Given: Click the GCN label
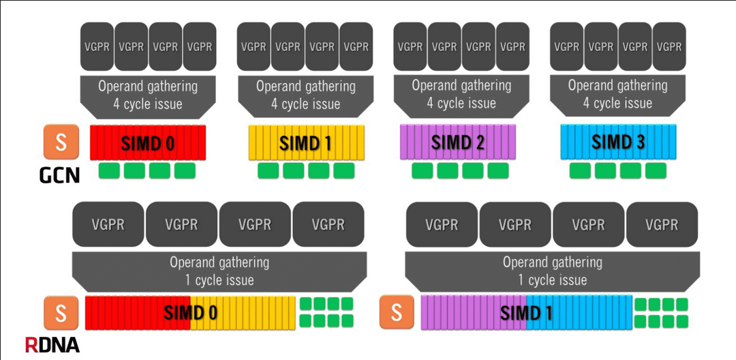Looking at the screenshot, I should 59,175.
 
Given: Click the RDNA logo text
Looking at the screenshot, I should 52,345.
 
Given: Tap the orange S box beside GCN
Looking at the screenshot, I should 61,142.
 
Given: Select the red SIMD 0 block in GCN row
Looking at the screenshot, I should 148,142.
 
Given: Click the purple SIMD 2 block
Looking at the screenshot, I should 458,142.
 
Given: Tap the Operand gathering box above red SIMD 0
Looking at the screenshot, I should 148,95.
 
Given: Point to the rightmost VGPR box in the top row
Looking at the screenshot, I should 669,46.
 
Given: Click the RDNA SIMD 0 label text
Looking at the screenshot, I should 190,313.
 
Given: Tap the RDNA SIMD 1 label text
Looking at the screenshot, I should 526,313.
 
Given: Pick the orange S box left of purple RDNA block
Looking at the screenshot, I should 397,312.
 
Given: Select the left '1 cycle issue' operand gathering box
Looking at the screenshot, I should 219,271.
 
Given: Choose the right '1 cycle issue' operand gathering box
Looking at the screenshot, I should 553,271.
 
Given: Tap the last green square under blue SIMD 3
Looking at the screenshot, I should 656,170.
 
